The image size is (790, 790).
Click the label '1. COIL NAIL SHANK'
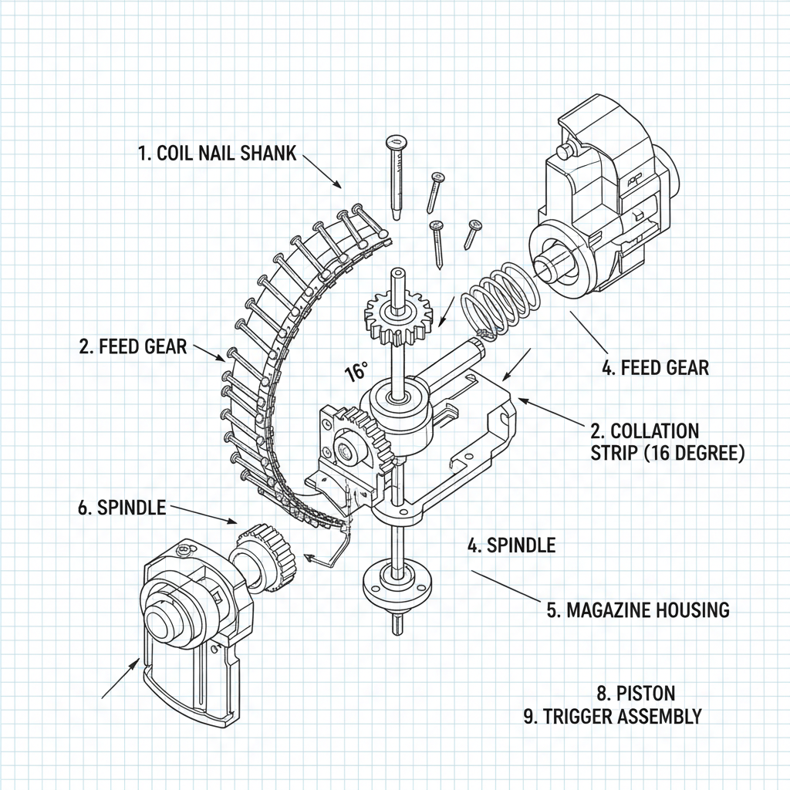pyautogui.click(x=217, y=153)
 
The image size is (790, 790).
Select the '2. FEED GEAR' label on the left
pyautogui.click(x=133, y=346)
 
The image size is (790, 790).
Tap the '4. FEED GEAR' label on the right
pyautogui.click(x=654, y=368)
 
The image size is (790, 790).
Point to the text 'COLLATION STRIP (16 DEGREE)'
pyautogui.click(x=667, y=442)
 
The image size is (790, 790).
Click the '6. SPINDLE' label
pyautogui.click(x=121, y=508)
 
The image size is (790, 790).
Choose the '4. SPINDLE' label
pyautogui.click(x=511, y=545)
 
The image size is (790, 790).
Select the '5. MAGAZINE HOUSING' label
pyautogui.click(x=637, y=609)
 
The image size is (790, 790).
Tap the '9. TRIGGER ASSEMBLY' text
pyautogui.click(x=613, y=716)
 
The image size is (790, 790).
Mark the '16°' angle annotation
pyautogui.click(x=356, y=373)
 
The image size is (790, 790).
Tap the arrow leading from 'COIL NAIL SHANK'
pyautogui.click(x=322, y=170)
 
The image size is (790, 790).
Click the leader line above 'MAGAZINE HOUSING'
pyautogui.click(x=505, y=586)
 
